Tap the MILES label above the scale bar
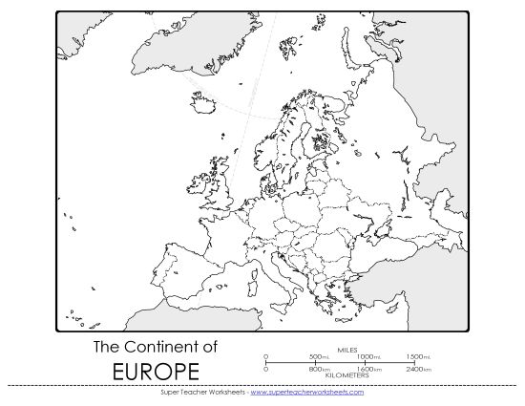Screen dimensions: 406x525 [349, 350]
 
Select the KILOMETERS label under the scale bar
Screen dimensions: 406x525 [349, 375]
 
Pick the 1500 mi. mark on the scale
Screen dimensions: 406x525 [414, 356]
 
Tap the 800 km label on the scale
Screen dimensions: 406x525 [317, 369]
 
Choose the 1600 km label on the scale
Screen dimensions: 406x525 [367, 369]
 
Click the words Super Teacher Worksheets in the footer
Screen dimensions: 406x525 [200, 392]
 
